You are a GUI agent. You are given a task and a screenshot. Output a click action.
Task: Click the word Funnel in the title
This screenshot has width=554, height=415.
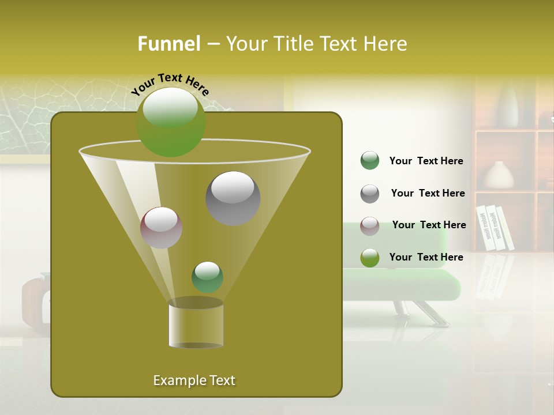click(x=169, y=44)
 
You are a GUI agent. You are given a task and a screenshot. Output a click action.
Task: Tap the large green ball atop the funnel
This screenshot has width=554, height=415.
click(x=170, y=122)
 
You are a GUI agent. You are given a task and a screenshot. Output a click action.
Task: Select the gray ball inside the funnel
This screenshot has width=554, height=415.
click(x=233, y=198)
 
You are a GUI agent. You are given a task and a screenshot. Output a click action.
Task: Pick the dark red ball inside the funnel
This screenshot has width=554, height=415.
click(x=161, y=228)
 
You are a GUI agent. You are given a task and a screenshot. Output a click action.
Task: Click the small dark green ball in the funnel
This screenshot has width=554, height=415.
click(x=207, y=277)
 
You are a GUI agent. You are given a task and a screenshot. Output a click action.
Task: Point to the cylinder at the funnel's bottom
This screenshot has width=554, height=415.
click(x=196, y=324)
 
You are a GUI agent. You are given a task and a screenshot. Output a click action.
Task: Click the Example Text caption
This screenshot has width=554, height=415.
click(x=194, y=380)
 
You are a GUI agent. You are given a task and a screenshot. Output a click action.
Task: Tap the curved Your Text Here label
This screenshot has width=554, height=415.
click(x=170, y=84)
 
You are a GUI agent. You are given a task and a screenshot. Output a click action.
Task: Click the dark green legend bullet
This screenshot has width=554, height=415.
click(x=369, y=161)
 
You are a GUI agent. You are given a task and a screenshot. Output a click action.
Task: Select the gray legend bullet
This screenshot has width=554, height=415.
click(x=369, y=194)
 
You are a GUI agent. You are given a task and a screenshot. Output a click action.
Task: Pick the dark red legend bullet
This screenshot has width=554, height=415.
click(x=369, y=225)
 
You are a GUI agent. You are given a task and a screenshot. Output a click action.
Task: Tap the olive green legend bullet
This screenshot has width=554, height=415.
click(x=369, y=258)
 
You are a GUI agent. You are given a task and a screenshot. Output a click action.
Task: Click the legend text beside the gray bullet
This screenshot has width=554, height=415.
click(x=428, y=194)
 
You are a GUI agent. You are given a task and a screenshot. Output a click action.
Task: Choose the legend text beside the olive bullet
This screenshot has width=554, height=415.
click(x=426, y=257)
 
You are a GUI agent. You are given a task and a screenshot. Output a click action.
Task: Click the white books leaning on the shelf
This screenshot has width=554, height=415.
click(x=495, y=228)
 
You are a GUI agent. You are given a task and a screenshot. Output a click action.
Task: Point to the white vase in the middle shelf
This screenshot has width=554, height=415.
click(x=498, y=175)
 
